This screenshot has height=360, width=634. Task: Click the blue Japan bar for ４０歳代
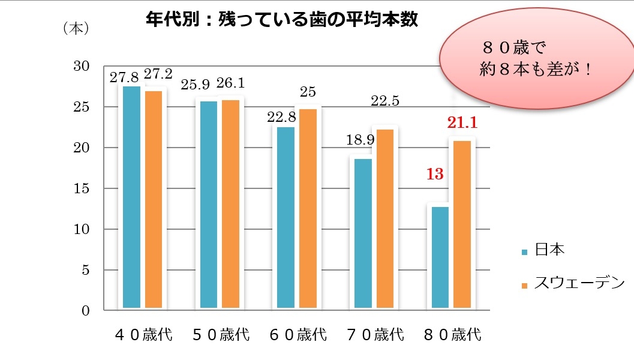[x=131, y=198]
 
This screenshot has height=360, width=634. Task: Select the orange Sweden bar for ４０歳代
[x=153, y=200]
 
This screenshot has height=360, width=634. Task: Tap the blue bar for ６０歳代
[x=286, y=218]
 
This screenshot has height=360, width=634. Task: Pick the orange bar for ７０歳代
[x=384, y=220]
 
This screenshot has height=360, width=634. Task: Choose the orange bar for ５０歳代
[x=230, y=205]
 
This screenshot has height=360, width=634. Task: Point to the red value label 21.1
[x=462, y=124]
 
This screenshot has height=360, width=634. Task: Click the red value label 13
[x=434, y=175]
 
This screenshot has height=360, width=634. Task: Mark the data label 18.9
[x=361, y=140]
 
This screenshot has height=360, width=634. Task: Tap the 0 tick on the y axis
[x=86, y=311]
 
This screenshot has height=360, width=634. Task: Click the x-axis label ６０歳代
[x=299, y=335]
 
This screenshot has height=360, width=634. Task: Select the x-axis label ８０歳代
[x=453, y=335]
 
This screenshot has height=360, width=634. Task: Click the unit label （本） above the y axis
[x=76, y=28]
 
